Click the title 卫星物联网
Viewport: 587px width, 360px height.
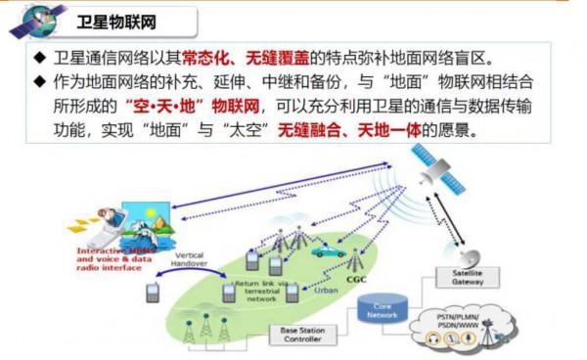pos(116,20)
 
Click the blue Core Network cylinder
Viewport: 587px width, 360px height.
pos(383,312)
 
